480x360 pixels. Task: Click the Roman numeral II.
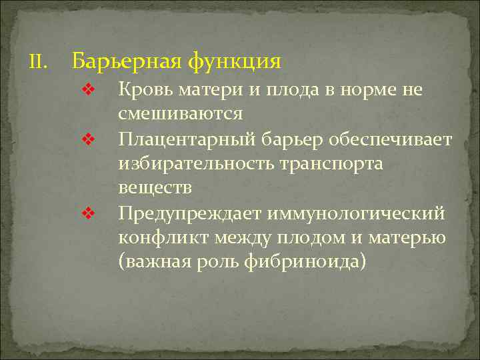click(x=37, y=63)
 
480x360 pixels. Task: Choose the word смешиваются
click(x=180, y=114)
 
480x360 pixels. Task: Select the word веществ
click(x=155, y=188)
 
